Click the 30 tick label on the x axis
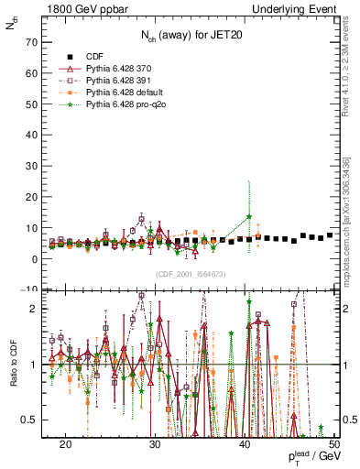(x=156, y=444)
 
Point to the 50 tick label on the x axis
(x=334, y=444)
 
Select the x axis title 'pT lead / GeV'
(x=312, y=457)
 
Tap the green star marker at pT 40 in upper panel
(x=249, y=216)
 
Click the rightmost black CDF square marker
(x=330, y=235)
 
